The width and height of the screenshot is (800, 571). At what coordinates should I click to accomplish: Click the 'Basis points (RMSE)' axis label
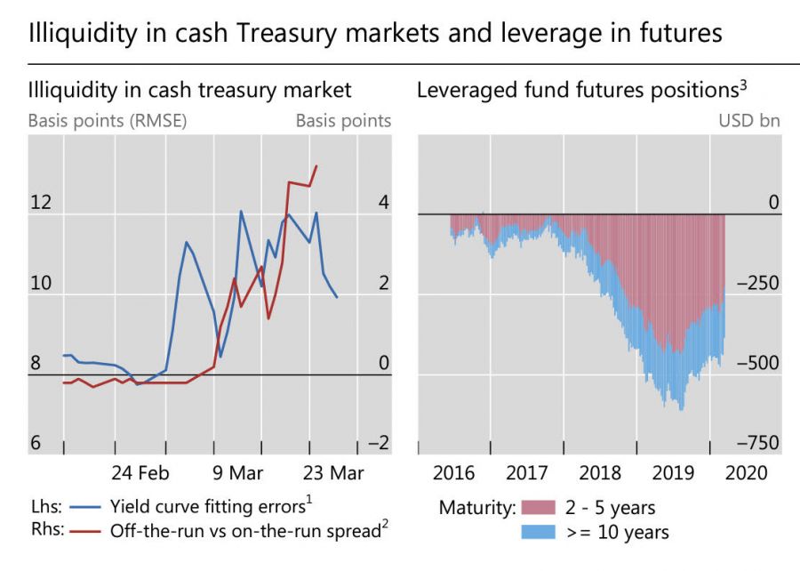[x=107, y=121]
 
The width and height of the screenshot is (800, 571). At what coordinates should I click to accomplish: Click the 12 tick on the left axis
[x=41, y=203]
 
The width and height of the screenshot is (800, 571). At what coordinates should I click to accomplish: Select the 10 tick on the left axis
[x=41, y=284]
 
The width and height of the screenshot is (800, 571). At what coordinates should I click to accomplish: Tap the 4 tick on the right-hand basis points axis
[x=383, y=203]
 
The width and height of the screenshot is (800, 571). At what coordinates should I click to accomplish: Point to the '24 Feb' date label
[x=140, y=470]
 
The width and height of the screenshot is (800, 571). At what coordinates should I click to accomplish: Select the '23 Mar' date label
[x=331, y=470]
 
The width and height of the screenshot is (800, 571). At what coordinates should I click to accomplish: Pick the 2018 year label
[x=601, y=470]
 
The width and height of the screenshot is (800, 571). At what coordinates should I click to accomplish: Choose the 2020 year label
[x=745, y=470]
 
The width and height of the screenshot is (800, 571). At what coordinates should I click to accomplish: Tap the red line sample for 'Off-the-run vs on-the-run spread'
[x=83, y=532]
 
